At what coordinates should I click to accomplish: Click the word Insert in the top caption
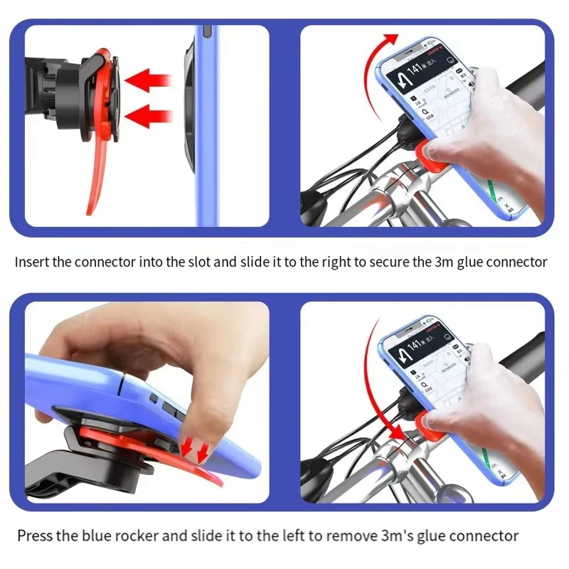pyautogui.click(x=32, y=262)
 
